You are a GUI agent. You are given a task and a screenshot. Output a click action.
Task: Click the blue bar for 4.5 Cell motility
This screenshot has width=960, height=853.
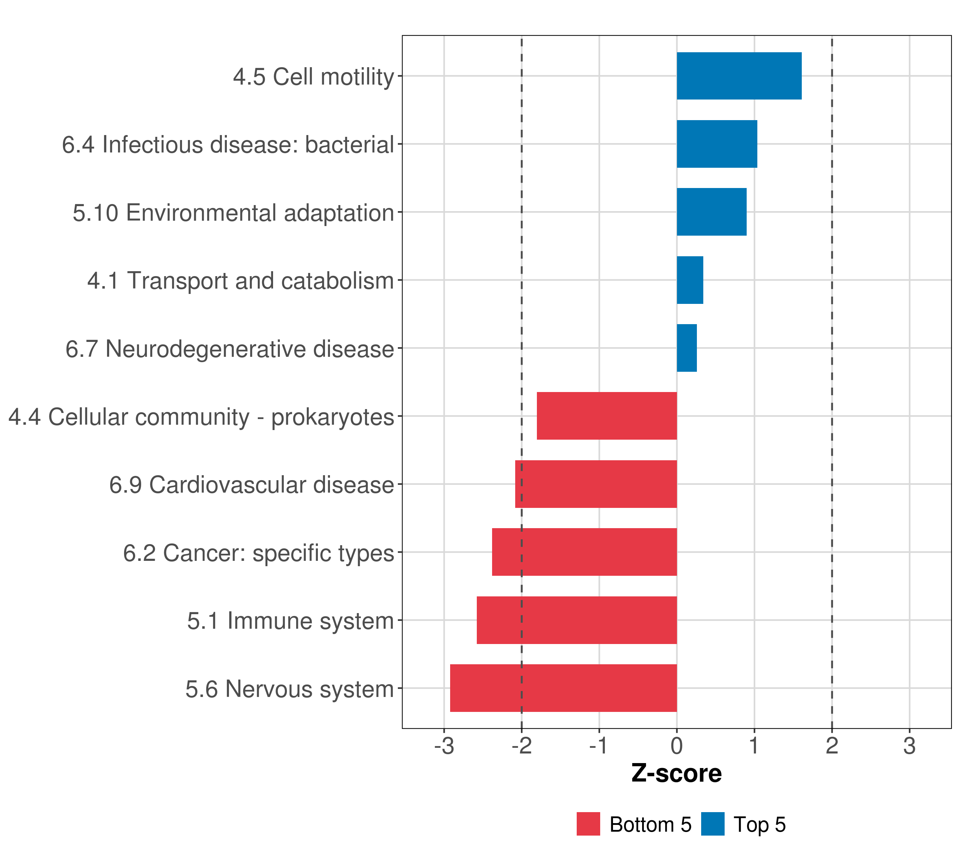pos(739,76)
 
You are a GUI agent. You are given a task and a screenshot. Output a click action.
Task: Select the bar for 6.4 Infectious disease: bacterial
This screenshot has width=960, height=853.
pos(717,144)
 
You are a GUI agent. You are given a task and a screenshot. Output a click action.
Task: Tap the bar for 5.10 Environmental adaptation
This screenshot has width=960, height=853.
pos(711,212)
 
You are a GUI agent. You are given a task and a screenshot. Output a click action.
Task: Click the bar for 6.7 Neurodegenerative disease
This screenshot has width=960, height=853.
pos(687,348)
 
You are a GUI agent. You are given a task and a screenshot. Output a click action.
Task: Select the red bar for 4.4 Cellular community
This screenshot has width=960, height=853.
pos(607,416)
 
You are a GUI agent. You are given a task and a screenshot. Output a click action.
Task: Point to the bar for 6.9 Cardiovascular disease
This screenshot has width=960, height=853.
pos(596,484)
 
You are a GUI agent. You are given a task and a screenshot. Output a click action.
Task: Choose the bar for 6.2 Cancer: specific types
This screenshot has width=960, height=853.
pos(584,552)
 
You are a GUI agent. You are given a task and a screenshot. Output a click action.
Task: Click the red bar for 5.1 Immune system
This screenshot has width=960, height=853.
pos(577,620)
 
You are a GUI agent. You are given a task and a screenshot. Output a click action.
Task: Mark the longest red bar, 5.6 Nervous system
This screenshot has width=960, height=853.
pos(564,688)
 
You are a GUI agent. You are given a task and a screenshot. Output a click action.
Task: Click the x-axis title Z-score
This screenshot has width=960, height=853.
pos(676,774)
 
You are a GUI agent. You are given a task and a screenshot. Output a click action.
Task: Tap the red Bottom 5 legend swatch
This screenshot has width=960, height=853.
pos(588,824)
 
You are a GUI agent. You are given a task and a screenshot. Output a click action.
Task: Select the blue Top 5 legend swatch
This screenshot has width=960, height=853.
pos(713,824)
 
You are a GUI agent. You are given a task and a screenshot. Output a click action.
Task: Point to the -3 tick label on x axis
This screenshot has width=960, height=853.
pos(444,746)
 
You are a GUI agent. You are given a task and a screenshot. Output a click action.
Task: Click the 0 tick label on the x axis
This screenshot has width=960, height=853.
pos(677,746)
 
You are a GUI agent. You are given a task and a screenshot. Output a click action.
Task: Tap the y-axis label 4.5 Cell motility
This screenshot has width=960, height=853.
pos(313,76)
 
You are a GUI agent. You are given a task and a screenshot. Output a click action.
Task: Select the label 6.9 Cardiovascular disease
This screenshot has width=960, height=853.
pos(251,484)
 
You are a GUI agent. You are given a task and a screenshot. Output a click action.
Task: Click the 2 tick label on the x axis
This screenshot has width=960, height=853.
pos(832,746)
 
